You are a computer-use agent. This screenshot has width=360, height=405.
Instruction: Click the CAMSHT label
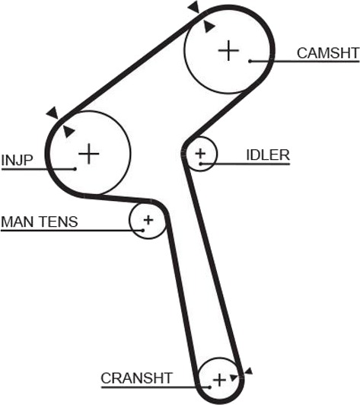328,53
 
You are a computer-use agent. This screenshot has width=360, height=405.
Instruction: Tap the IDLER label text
268,155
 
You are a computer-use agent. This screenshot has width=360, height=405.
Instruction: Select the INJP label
17,160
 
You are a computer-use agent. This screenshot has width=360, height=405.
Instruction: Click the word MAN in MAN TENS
18,222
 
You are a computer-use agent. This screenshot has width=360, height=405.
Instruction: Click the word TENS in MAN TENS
59,222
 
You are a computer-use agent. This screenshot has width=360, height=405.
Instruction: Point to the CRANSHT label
136,378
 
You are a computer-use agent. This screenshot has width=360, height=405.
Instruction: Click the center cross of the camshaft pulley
228,50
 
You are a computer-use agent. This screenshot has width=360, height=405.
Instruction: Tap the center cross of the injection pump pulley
89,154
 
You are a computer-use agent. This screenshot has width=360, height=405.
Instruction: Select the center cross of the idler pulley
200,154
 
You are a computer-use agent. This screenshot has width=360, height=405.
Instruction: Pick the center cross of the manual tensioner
148,220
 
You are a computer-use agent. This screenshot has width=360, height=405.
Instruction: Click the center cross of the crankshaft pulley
219,380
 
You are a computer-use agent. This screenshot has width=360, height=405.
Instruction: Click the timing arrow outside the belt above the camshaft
194,6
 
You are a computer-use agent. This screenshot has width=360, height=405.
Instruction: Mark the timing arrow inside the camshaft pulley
209,27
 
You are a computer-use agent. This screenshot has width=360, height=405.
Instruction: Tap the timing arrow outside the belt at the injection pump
53,113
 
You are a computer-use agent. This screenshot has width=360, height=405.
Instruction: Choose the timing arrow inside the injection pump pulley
68,131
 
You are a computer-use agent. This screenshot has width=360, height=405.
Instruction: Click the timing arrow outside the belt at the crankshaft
248,372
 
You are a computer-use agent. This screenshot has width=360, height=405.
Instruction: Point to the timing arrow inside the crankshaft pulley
234,378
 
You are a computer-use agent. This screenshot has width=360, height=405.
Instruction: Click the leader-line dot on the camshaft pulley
250,61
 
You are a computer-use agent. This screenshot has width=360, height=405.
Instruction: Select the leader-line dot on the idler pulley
200,164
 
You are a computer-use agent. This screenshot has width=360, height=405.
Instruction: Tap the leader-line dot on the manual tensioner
142,230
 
